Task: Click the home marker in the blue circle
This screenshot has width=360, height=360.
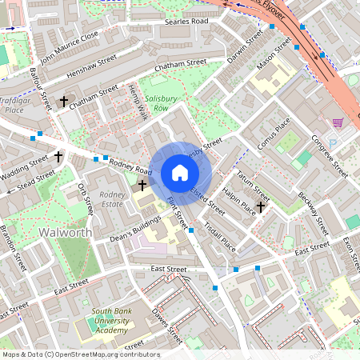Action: click(180, 173)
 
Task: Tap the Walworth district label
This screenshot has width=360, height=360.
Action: click(65, 233)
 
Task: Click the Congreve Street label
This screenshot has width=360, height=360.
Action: click(330, 157)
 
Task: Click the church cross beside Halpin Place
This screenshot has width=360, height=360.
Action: click(261, 206)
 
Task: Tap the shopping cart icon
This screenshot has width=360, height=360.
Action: click(338, 122)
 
